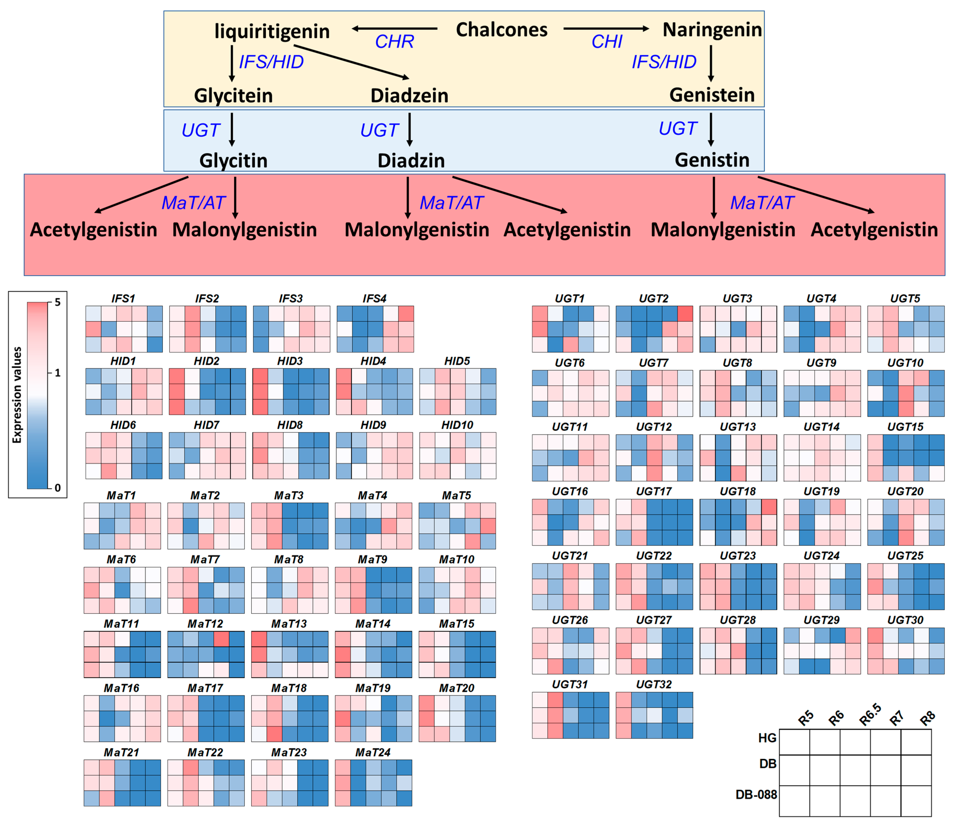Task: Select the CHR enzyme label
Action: tap(394, 42)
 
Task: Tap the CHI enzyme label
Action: tap(607, 42)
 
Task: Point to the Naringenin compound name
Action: tap(712, 30)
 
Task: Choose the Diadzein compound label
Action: tap(409, 95)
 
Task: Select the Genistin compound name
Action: tap(712, 160)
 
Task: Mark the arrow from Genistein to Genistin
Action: tap(711, 130)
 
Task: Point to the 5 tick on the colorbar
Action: tap(57, 302)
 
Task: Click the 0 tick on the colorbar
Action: tap(57, 487)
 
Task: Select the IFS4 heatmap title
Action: tap(374, 299)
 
